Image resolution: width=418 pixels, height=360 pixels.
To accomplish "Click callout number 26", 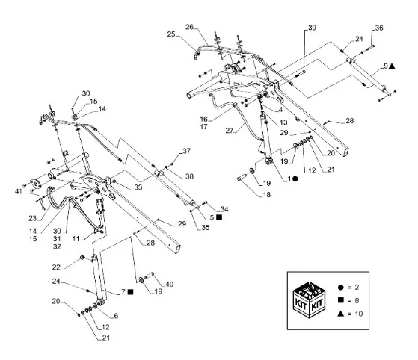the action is click(189, 27).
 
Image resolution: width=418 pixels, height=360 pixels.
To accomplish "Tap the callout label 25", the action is click(171, 34).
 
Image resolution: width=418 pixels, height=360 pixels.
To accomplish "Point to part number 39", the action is click(312, 28).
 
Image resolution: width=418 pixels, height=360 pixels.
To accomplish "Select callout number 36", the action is click(379, 28).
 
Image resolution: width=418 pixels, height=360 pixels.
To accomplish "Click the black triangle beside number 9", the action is click(392, 66).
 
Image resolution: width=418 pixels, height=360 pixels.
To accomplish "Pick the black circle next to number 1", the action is click(295, 179).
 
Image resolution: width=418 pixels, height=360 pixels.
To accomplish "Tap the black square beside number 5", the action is click(219, 217).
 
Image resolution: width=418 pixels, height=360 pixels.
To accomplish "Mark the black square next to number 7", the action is click(130, 292).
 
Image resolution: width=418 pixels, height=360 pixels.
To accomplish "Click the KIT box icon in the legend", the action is click(309, 300).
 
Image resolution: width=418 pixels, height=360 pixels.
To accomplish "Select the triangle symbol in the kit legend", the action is click(341, 314).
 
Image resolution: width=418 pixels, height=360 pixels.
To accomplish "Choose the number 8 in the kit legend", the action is click(357, 300).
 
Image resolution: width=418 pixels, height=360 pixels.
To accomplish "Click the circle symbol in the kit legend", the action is click(341, 288).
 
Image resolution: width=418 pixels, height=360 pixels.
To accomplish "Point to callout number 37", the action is click(187, 151).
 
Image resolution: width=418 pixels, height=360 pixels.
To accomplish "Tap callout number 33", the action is click(138, 187).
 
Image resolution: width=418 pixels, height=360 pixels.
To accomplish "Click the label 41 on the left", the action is click(19, 191).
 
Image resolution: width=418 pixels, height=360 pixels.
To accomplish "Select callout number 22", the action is click(56, 267).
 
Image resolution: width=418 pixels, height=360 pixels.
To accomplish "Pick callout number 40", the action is click(170, 285).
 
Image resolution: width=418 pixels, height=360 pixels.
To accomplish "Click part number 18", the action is click(267, 195).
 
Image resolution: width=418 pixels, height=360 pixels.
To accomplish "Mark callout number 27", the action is click(230, 131).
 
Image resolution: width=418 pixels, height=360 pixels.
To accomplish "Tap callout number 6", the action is click(116, 316).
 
